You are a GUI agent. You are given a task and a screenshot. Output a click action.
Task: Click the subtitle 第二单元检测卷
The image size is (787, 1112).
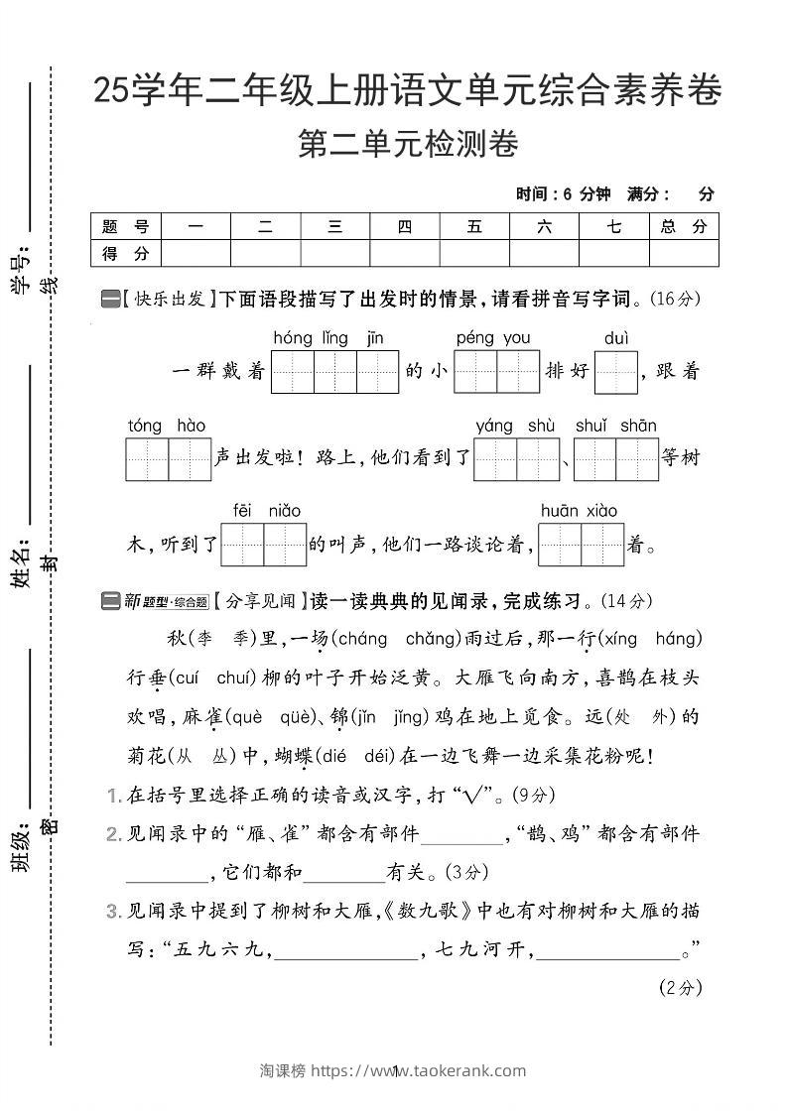[x=408, y=145]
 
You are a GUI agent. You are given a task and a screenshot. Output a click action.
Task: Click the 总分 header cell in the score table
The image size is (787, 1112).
[x=684, y=226]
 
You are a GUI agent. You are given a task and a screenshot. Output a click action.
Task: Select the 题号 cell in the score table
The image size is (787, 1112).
[x=125, y=226]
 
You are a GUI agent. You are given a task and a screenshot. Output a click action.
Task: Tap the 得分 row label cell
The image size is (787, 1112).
[x=125, y=254]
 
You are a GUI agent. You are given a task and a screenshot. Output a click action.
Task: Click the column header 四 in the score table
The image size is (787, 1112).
[x=404, y=226]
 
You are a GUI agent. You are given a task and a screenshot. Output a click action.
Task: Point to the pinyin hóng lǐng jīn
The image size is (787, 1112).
[x=328, y=338]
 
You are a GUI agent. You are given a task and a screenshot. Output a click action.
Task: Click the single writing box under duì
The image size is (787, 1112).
[x=615, y=372]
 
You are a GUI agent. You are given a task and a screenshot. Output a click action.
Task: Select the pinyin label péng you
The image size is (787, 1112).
[x=493, y=338]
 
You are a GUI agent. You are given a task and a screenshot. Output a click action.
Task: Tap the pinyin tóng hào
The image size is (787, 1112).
[x=167, y=427]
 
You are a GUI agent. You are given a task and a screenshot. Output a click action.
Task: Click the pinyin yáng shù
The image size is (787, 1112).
[x=515, y=427]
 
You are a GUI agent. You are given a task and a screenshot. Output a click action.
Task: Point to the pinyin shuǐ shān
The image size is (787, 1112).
[x=615, y=427]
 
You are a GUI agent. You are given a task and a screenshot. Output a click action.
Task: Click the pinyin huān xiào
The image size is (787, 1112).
[x=579, y=511]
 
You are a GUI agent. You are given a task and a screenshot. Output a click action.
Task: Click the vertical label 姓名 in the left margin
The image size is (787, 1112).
[x=21, y=565]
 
